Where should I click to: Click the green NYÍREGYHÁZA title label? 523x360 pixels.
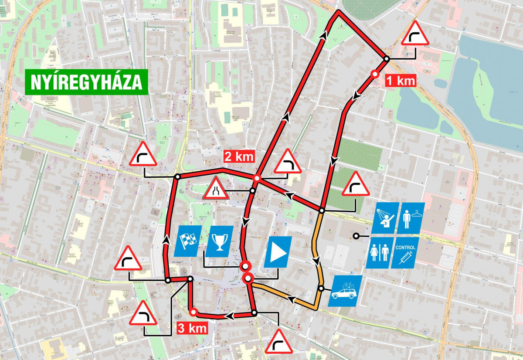[86, 82]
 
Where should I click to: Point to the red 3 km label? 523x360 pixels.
[192, 328]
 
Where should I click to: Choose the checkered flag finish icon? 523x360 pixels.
[187, 241]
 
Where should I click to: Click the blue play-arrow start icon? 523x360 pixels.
[278, 252]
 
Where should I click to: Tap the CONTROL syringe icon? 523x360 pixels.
[405, 252]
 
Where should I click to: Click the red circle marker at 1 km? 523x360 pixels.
[374, 74]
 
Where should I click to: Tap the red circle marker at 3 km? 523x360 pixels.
[193, 311]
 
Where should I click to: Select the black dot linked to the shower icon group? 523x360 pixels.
[356, 236]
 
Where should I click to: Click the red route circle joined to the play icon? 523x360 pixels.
[248, 278]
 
